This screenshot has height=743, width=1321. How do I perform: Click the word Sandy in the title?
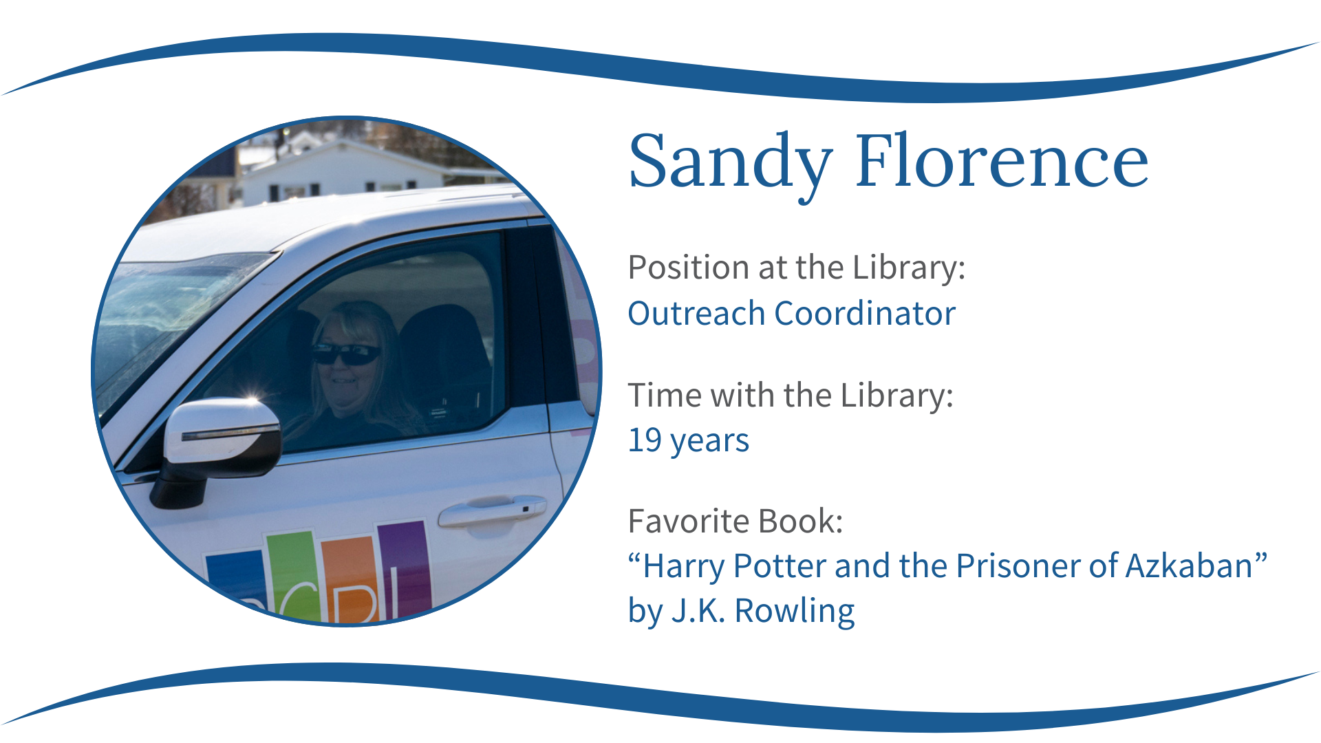730,162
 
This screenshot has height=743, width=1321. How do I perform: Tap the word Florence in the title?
1001,162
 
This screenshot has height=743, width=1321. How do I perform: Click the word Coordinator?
865,314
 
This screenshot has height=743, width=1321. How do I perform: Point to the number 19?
645,440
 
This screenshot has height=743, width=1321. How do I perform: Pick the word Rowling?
794,611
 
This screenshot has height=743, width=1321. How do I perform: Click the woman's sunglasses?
345,354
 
